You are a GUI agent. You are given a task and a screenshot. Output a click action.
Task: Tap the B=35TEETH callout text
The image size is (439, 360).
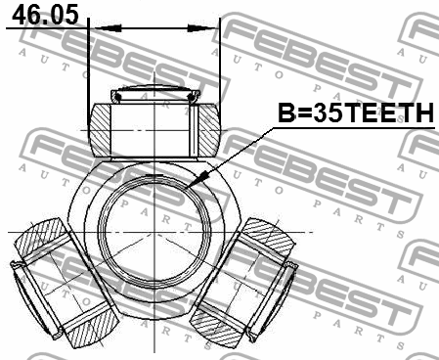click(x=354, y=115)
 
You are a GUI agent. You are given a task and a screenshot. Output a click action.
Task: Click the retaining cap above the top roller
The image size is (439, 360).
click(x=157, y=96)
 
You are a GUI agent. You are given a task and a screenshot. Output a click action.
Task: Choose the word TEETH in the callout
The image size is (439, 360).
click(x=385, y=115)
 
